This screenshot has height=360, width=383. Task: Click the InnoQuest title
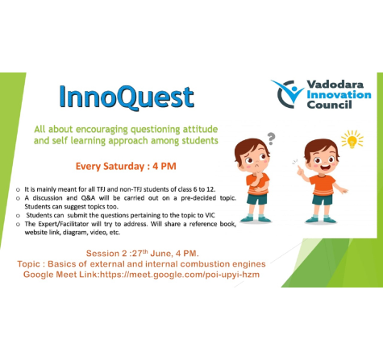127,97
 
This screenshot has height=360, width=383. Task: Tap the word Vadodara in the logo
335,85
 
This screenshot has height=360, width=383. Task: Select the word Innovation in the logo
339,94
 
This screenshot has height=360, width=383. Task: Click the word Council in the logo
329,105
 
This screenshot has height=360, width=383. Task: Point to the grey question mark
272,139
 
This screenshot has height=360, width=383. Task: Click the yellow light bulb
352,140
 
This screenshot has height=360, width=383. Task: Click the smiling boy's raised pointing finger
298,168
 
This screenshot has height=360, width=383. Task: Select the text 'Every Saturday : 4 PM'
126,166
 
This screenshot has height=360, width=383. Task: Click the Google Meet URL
180,275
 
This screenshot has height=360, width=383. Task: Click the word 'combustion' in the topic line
205,264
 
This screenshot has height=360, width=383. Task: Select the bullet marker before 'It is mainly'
18,190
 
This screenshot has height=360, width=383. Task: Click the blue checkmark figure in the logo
288,91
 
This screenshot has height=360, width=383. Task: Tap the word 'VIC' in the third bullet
210,215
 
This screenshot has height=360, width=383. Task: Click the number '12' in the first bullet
211,189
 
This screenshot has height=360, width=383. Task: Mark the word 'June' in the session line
160,254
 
